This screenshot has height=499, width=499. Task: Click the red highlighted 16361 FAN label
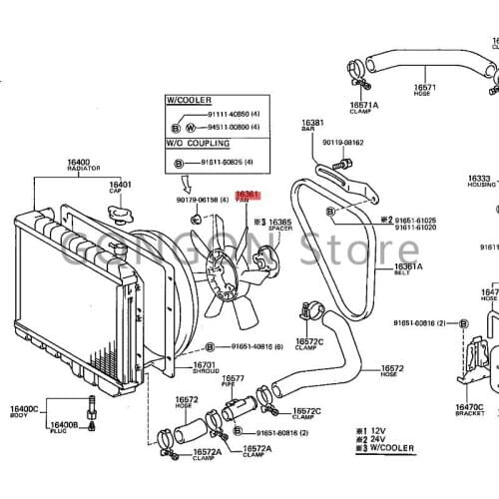[x=247, y=198]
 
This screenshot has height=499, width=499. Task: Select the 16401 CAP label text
[x=121, y=188]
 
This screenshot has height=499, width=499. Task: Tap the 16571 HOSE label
[x=424, y=90]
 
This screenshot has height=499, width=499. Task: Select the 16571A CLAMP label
[x=364, y=108]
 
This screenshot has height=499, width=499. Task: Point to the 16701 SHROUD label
[x=205, y=368]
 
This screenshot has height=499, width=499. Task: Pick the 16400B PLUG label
[x=63, y=428]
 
